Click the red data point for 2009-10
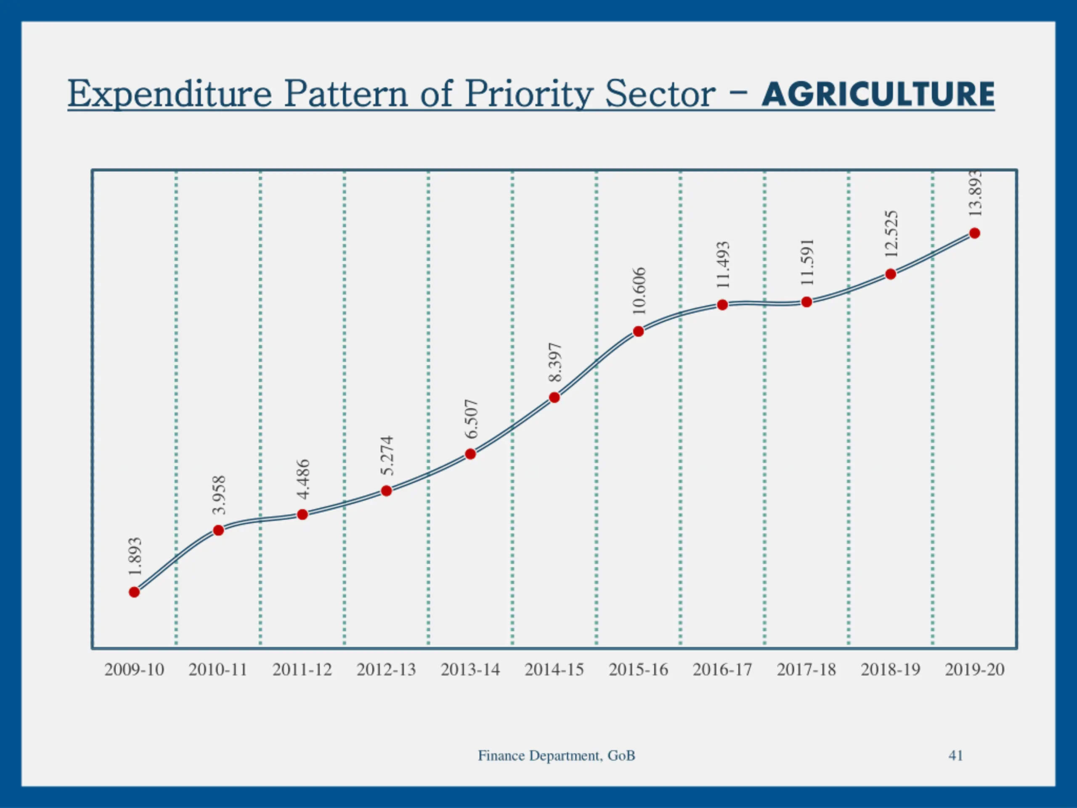click(x=134, y=592)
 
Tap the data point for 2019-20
click(x=974, y=233)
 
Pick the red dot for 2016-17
click(x=722, y=305)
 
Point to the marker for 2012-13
click(x=386, y=491)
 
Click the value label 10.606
click(x=639, y=291)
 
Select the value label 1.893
click(x=135, y=556)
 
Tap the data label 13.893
click(x=975, y=194)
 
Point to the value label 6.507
click(x=471, y=419)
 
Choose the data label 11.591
click(x=807, y=262)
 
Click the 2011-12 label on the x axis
click(x=302, y=670)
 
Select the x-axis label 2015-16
click(x=638, y=670)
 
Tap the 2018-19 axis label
click(x=891, y=670)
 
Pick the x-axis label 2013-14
click(x=470, y=670)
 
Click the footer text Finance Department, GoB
click(x=557, y=755)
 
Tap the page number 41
click(x=956, y=755)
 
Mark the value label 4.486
click(x=303, y=479)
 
